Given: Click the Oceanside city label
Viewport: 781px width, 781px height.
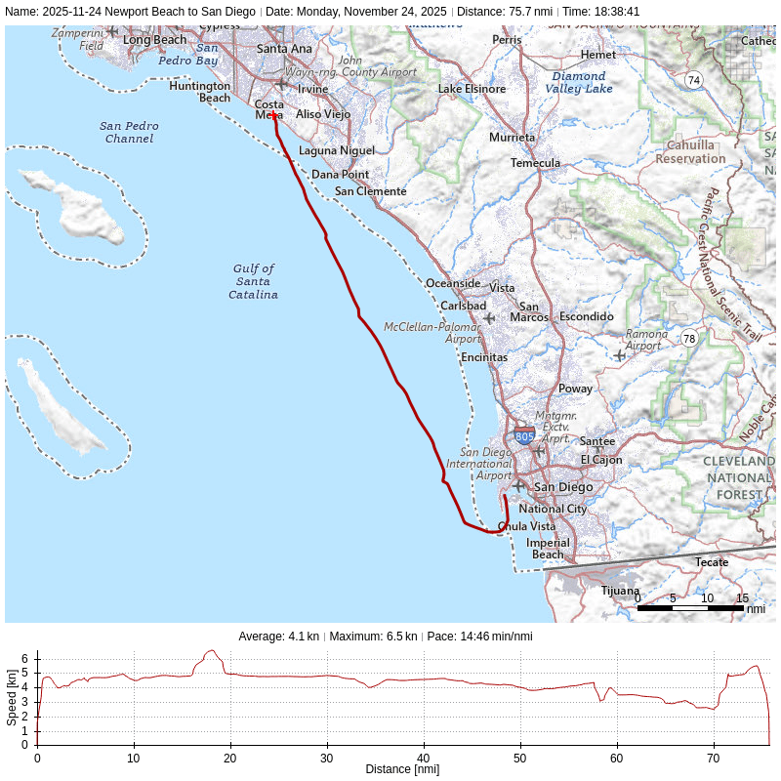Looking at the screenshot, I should point(453,283).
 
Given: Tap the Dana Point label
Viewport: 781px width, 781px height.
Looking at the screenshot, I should point(340,175).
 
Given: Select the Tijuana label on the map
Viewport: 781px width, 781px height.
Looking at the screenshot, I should point(620,591).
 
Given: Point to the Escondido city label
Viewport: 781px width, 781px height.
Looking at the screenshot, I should point(586,316).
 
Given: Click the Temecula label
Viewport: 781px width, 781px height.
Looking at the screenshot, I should point(535,163).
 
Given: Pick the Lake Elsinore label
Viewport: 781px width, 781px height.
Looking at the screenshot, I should point(472,89).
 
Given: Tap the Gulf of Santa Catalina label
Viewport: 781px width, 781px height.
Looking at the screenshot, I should point(254,281).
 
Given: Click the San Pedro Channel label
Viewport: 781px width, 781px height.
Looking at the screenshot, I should point(129,132).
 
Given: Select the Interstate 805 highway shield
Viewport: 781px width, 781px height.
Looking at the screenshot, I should point(524,435).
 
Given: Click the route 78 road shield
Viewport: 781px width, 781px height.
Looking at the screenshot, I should point(690,339).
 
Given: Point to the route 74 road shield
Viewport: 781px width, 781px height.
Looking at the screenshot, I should point(693,80).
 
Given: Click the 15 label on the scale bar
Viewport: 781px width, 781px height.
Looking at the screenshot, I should point(742,598).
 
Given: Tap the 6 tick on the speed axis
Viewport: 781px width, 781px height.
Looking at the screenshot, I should point(25,659).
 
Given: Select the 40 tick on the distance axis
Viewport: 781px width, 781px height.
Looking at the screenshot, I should point(424,758).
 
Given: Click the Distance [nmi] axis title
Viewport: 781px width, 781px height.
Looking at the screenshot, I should point(402,769).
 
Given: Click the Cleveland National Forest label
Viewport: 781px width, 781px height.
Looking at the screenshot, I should point(739,477).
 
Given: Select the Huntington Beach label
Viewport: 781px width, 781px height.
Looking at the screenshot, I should point(200,92).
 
